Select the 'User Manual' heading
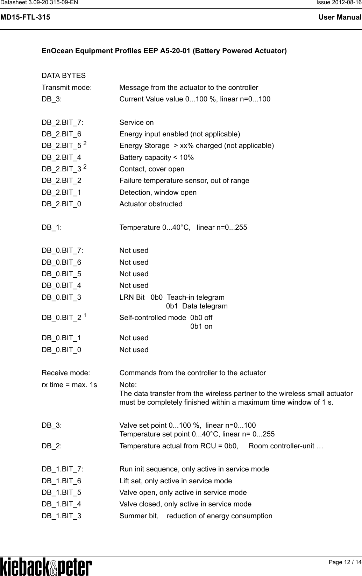[340, 17]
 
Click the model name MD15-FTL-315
[25, 17]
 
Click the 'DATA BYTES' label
[63, 76]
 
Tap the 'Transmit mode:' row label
[67, 87]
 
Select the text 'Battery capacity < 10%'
[157, 157]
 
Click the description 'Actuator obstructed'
[151, 204]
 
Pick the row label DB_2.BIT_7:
[63, 122]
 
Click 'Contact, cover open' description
[152, 169]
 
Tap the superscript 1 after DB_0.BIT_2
[86, 316]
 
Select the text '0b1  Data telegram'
[197, 306]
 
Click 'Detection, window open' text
[158, 192]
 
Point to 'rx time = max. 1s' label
[69, 385]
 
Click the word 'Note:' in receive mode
[128, 385]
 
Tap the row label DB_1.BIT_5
[61, 492]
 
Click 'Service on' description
[136, 122]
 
